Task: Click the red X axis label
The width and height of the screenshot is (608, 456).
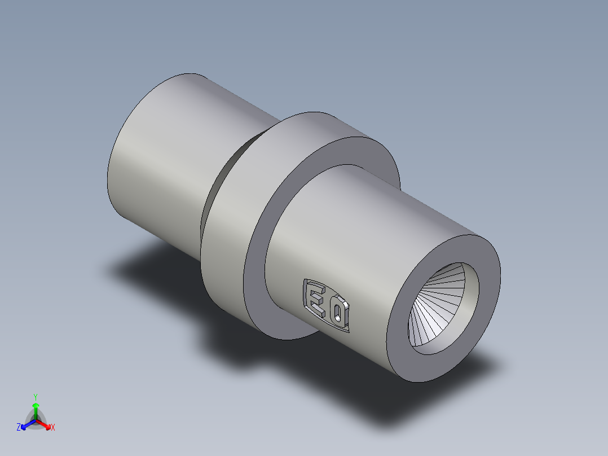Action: point(52,428)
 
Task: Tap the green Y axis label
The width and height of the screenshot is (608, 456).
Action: point(35,397)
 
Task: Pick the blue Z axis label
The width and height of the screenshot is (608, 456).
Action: point(19,428)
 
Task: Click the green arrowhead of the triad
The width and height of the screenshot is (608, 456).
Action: point(35,405)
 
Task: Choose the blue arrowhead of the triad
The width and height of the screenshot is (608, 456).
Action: point(24,425)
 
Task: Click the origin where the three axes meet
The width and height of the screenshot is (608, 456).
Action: point(35,419)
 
